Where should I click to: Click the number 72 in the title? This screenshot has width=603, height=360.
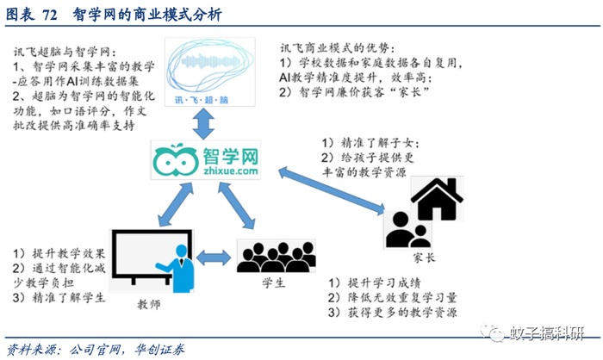tap(50, 16)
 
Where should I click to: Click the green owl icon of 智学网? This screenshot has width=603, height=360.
tap(175, 160)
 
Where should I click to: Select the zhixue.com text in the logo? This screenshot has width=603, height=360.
tap(231, 171)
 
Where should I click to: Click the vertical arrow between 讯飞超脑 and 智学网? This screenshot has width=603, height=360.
tap(203, 123)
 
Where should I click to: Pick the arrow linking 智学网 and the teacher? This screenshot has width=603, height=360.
tap(176, 204)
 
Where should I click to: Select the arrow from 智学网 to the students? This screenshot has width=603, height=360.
tap(237, 206)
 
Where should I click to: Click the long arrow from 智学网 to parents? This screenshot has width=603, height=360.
tap(332, 190)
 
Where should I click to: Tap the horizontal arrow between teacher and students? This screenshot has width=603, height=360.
tap(214, 258)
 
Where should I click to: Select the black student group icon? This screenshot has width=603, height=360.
tap(277, 257)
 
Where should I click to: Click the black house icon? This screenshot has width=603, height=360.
tap(437, 199)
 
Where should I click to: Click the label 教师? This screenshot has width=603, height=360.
tap(149, 305)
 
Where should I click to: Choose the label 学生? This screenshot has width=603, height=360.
tap(273, 283)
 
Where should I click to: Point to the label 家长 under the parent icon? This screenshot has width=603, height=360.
tap(424, 258)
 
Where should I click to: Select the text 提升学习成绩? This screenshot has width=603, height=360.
tap(384, 283)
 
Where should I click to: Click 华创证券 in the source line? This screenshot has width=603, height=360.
tap(159, 350)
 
